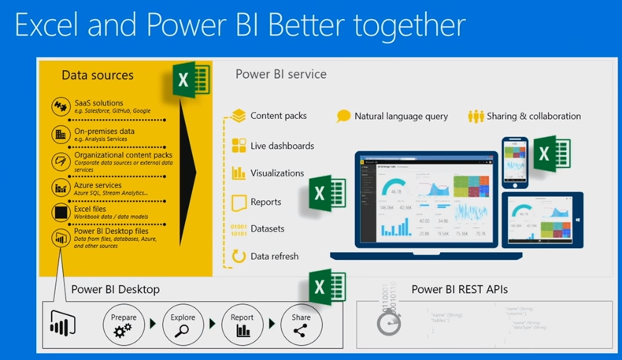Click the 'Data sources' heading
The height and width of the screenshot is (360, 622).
coord(98,76)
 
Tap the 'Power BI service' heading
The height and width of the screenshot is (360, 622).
coord(280,74)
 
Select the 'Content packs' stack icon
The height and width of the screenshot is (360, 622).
coord(239,116)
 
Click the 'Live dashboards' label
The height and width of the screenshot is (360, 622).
coord(282,146)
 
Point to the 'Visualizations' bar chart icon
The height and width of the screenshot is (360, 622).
coord(239,173)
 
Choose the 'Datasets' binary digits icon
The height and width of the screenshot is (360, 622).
coord(238,228)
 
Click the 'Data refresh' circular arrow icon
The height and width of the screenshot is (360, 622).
coord(239,256)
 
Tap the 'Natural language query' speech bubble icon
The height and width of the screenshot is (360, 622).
coord(343,116)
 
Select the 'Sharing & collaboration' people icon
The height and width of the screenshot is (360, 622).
coord(476,116)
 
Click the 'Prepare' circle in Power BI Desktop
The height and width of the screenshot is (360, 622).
coord(124,324)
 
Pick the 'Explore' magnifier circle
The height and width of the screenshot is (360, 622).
coord(183,324)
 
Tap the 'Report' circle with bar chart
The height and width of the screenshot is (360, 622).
coord(243,324)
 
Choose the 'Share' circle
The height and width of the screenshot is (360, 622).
coord(301,324)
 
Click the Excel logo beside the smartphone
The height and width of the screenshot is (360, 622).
coord(551,152)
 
